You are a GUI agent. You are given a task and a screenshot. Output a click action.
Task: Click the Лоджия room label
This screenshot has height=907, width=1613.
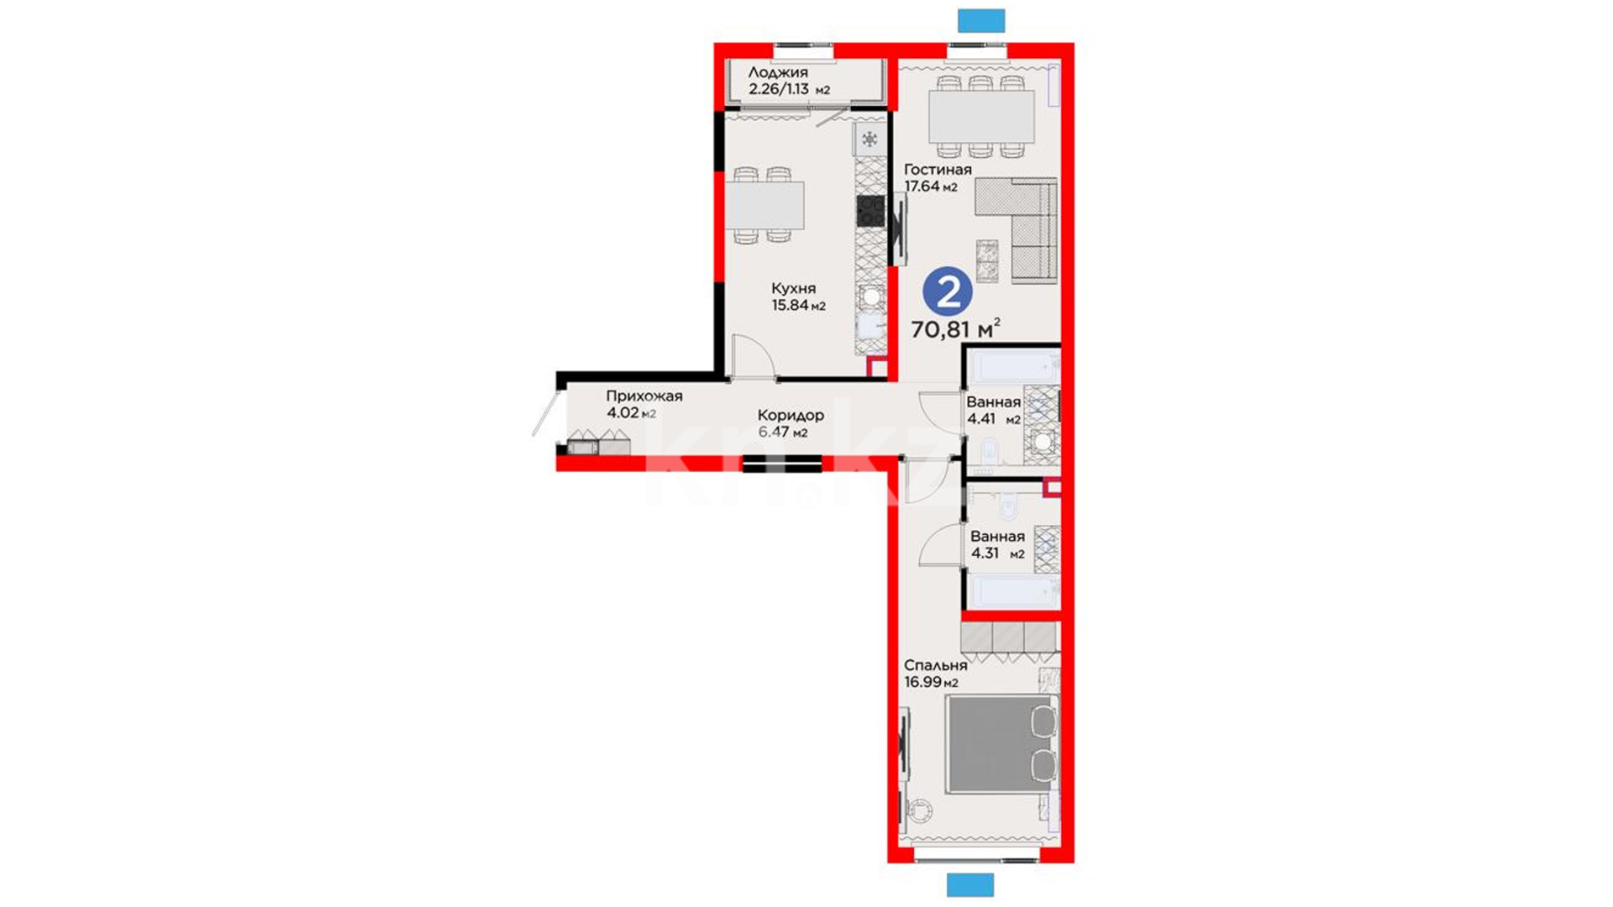pos(778,72)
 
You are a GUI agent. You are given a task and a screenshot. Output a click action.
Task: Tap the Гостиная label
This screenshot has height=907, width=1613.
pos(938,170)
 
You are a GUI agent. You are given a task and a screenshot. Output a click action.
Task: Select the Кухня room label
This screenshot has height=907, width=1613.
pos(793,289)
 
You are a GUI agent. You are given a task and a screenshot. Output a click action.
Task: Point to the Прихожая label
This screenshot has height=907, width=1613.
pos(644,396)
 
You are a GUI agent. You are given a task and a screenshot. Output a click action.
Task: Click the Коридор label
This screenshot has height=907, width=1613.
pos(791,415)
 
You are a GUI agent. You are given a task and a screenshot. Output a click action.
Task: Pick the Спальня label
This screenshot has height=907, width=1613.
pos(936,665)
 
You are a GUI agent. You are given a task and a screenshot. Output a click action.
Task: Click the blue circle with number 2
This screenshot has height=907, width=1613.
pos(948,292)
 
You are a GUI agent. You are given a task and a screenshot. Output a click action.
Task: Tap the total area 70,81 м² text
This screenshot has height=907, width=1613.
pos(955,328)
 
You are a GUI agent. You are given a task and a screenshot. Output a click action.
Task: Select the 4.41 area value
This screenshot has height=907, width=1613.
pos(981,419)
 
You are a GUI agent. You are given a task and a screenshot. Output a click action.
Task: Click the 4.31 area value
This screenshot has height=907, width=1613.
pos(985,553)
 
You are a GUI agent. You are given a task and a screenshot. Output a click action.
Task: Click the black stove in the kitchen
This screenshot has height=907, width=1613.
pos(870,211)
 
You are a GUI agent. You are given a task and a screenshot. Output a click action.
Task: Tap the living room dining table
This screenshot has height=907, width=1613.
pos(981,117)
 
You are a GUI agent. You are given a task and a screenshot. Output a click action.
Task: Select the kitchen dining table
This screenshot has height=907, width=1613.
pos(764,206)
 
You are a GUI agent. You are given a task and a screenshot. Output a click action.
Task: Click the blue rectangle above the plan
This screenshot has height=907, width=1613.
pos(981,21)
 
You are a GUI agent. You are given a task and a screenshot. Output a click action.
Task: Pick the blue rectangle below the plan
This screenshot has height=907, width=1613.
pos(970,885)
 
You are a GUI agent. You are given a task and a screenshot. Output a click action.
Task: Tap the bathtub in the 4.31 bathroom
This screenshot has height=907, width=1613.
pos(1013,591)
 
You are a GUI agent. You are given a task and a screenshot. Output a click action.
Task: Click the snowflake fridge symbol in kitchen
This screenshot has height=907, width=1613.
pos(870,139)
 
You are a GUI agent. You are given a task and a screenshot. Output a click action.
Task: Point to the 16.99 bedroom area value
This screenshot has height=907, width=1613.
pos(922,682)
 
